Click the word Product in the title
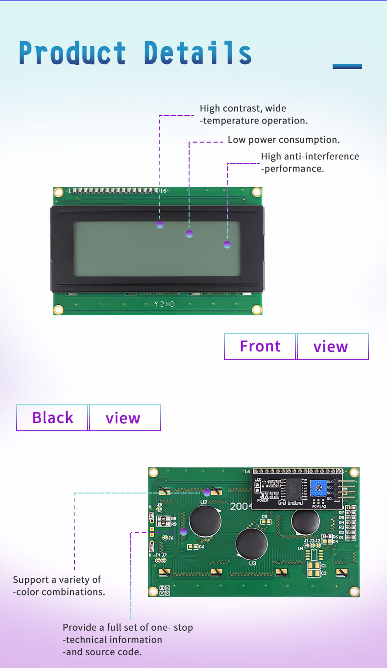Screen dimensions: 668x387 (73, 53)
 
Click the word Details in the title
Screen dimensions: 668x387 (198, 53)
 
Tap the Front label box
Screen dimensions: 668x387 (260, 346)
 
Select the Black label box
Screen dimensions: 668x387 (52, 418)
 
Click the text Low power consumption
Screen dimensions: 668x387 (284, 140)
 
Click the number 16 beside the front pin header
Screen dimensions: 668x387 (164, 191)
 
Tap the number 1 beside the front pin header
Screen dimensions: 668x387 (70, 191)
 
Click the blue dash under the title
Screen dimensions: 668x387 (347, 67)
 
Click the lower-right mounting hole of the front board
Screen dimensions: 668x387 (257, 309)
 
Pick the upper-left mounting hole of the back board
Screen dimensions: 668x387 (153, 472)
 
